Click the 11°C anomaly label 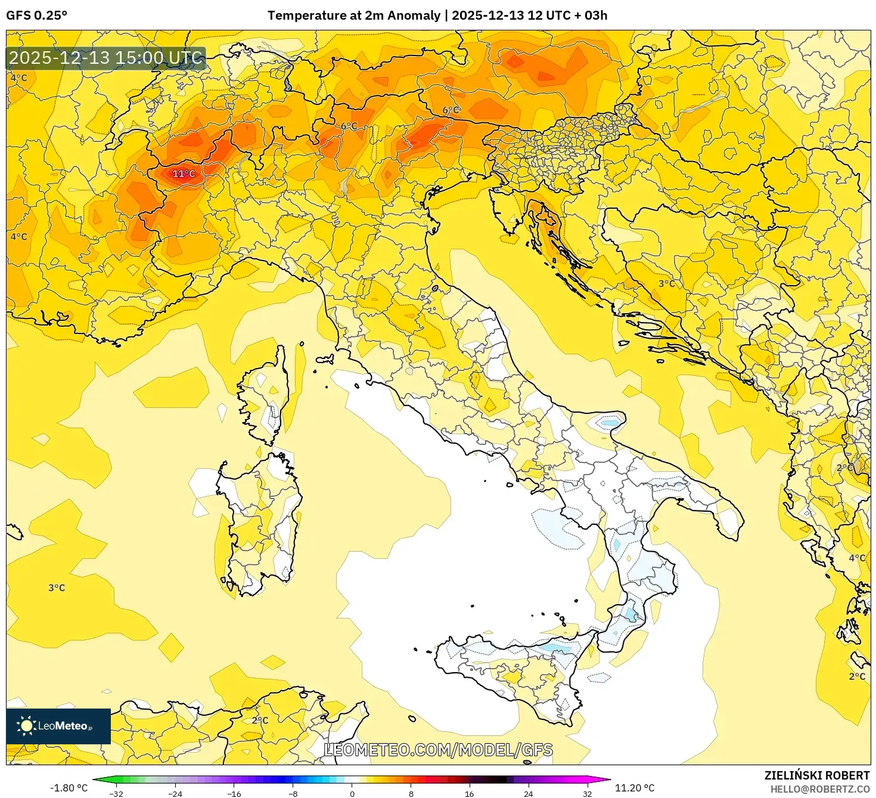pos(184,174)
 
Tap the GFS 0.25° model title pos(36,16)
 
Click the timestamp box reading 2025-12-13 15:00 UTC pos(106,58)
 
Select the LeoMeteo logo pos(58,726)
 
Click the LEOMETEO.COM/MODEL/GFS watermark pos(438,750)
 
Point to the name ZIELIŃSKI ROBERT pos(816,775)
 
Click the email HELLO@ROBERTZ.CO pos(819,789)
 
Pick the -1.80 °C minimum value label pos(69,788)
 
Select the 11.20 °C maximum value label pos(635,788)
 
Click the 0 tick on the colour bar pos(352,793)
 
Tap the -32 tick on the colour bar pos(116,793)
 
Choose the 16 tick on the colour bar pos(470,793)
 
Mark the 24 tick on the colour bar pos(528,793)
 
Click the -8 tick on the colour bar pos(293,793)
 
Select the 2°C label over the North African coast pos(260,720)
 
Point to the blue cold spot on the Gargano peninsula pos(610,423)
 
